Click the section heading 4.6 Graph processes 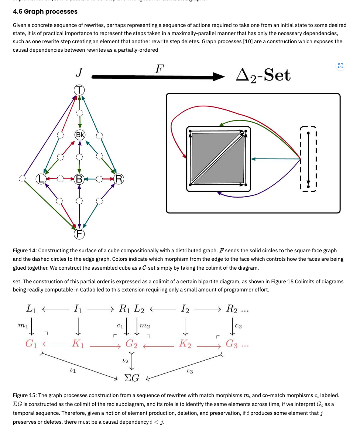tap(45, 11)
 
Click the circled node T tap(79, 90)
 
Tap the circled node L tap(41, 179)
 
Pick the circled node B tap(79, 180)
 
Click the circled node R tap(119, 180)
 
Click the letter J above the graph tap(79, 72)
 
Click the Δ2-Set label tap(263, 75)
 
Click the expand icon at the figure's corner tap(340, 66)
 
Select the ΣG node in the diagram tap(131, 378)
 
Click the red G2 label tap(131, 344)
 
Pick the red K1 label tap(78, 344)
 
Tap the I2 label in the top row tap(185, 309)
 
